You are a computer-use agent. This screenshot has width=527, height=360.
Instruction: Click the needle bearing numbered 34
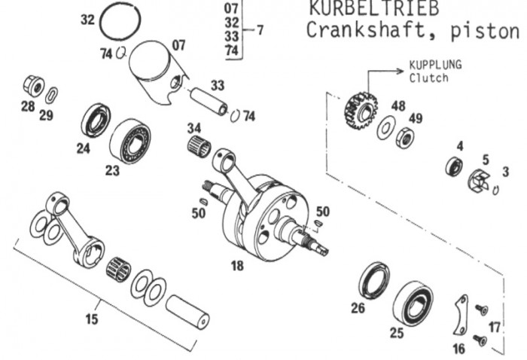pyautogui.click(x=197, y=142)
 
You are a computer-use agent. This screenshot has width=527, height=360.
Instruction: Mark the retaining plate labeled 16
pyautogui.click(x=457, y=316)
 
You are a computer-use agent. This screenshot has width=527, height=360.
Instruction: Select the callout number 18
pyautogui.click(x=239, y=266)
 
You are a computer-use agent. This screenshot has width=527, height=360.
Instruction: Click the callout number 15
pyautogui.click(x=91, y=319)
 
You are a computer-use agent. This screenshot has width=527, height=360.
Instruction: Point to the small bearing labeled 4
pyautogui.click(x=455, y=165)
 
